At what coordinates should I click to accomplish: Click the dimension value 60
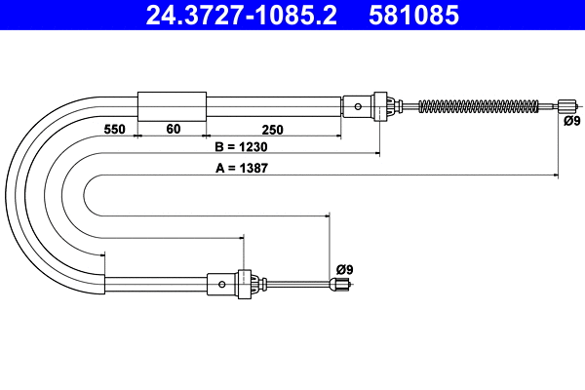[x=173, y=129]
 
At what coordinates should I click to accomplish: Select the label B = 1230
[x=240, y=147]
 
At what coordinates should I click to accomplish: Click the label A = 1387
[x=242, y=168]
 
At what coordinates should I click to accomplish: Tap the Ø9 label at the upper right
[x=570, y=122]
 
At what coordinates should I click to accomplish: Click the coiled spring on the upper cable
[x=478, y=105]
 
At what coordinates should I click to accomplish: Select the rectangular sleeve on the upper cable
[x=173, y=105]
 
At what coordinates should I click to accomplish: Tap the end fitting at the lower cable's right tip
[x=340, y=285]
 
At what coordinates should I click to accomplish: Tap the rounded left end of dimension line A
[x=86, y=195]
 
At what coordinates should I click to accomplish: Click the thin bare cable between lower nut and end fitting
[x=297, y=285]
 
